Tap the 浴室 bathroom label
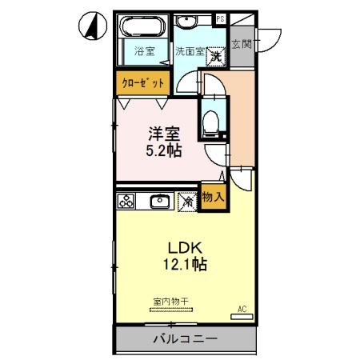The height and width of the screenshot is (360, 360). pyautogui.click(x=144, y=52)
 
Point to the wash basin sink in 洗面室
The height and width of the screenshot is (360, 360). pyautogui.click(x=189, y=22)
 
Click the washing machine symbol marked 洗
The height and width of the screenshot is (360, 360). pyautogui.click(x=216, y=57)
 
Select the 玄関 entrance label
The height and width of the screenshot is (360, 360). pyautogui.click(x=241, y=45)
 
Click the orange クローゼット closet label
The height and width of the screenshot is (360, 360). pyautogui.click(x=144, y=82)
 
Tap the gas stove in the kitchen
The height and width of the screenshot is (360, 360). pyautogui.click(x=127, y=201)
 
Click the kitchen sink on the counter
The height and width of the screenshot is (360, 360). pyautogui.click(x=159, y=201)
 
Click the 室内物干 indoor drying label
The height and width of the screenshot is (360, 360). pyautogui.click(x=170, y=302)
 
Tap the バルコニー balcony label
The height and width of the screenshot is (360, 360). pyautogui.click(x=185, y=339)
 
